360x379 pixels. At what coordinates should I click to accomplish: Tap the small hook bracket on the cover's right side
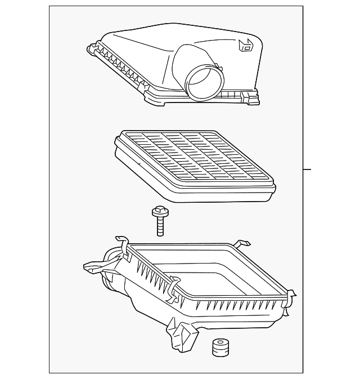[246, 46]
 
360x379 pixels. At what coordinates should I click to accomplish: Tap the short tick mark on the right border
[307, 168]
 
